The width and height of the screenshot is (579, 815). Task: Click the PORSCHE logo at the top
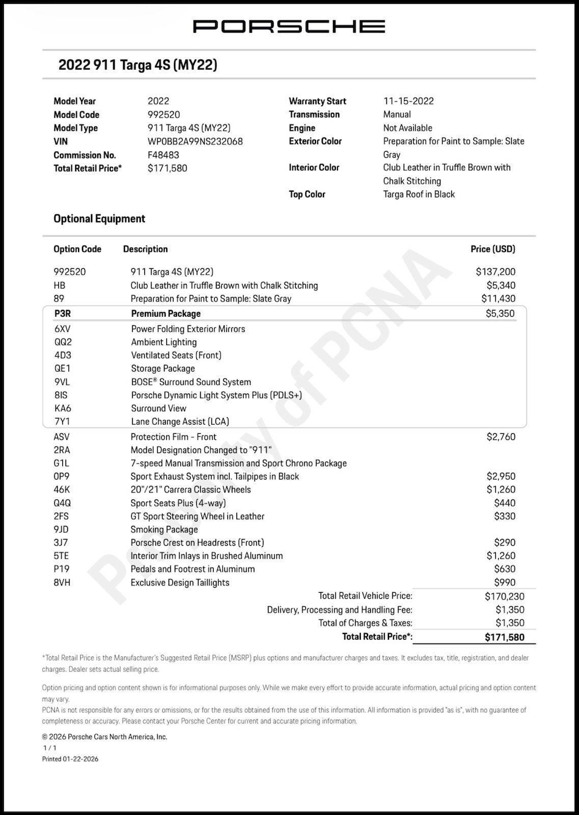(x=289, y=26)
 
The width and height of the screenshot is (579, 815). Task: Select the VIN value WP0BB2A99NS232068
(x=195, y=141)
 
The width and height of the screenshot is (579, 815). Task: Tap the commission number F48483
(x=163, y=155)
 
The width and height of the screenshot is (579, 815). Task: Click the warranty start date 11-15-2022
(x=408, y=101)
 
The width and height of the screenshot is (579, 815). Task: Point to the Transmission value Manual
(x=397, y=114)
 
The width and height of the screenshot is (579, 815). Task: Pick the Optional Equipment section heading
(x=100, y=219)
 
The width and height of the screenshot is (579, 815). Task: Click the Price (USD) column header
(x=492, y=249)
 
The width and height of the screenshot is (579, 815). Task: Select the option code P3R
(x=63, y=313)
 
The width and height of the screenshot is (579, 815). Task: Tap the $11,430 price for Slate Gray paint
(x=498, y=299)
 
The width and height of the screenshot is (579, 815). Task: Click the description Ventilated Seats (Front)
(x=176, y=355)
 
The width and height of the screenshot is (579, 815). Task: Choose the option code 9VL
(x=62, y=382)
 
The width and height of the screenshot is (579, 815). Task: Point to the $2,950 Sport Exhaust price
(x=501, y=476)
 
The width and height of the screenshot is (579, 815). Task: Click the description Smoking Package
(x=164, y=529)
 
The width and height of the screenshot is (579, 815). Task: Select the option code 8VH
(x=62, y=583)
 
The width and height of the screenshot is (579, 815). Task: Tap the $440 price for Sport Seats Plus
(x=504, y=503)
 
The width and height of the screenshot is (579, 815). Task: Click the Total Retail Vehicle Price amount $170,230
(x=504, y=596)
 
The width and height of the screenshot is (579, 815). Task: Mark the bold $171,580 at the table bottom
(x=504, y=637)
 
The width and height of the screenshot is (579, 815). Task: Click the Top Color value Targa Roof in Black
(x=419, y=194)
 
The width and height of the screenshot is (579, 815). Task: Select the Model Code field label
(x=76, y=114)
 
